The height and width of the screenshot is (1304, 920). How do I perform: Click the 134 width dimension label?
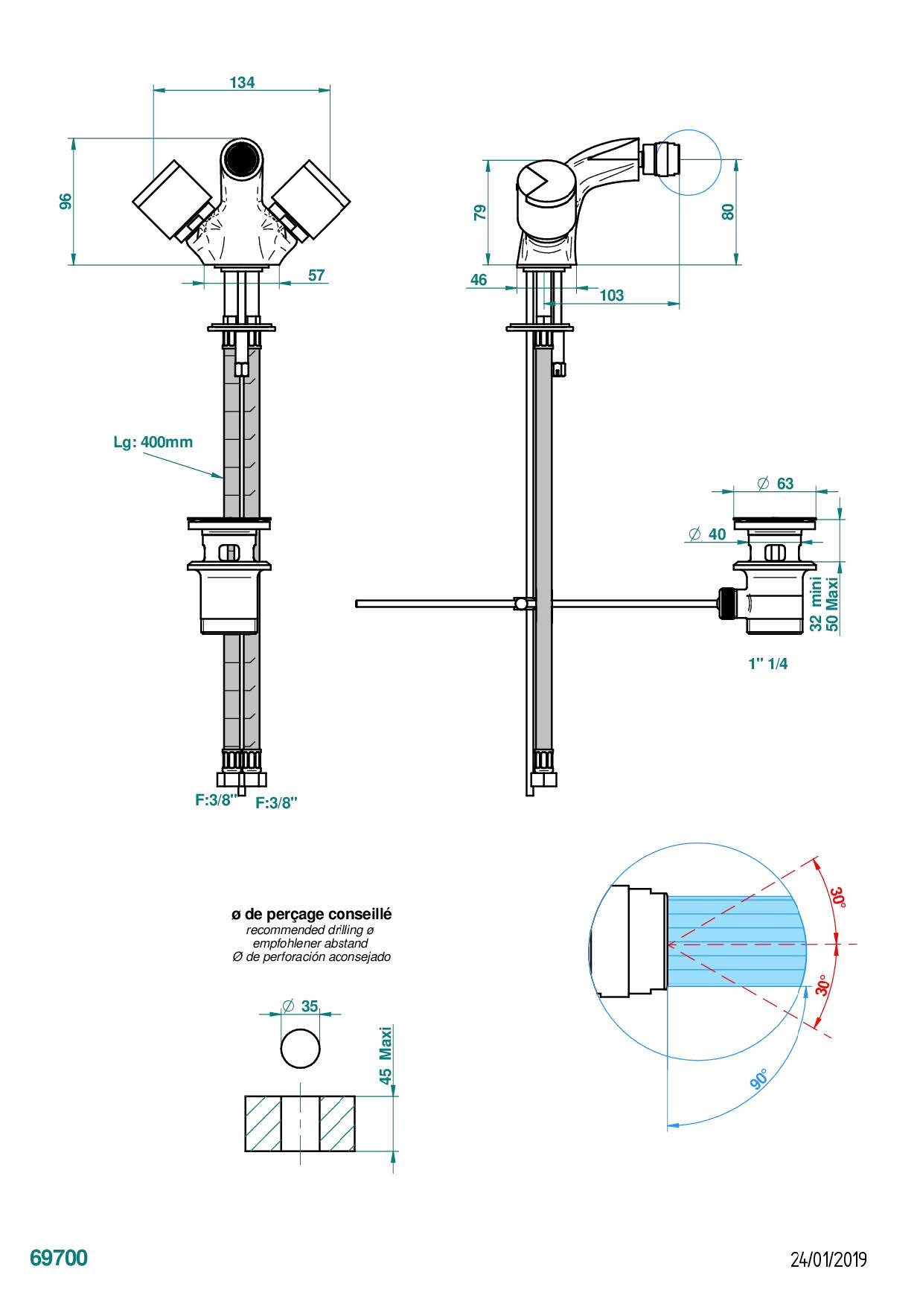coord(242,82)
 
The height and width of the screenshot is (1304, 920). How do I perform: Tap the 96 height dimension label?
coord(66,201)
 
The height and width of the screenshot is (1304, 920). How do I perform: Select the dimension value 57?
coord(316,275)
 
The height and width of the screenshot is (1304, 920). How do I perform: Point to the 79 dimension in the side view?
coord(481,212)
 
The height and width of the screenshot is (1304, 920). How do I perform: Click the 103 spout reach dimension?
coord(611,295)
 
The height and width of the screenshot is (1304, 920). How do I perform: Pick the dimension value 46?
coord(479,280)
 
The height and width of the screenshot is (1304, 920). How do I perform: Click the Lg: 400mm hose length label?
coord(153,442)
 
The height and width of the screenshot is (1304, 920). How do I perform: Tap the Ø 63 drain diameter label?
coord(776,484)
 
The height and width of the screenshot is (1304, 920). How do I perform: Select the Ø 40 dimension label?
coord(707,534)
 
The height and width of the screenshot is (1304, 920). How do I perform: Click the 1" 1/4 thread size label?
coord(767,663)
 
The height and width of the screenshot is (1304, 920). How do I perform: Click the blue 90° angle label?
coord(758,1078)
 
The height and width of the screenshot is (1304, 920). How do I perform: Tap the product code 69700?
coord(59,1258)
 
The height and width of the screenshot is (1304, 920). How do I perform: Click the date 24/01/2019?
coord(828,1259)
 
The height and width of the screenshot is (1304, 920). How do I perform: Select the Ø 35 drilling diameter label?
coord(301,1006)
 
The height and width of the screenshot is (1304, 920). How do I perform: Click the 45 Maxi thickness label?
coord(386,1055)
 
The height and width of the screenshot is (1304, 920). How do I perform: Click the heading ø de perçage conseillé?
coord(311,914)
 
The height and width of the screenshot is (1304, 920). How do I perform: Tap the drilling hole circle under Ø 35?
coord(301,1049)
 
